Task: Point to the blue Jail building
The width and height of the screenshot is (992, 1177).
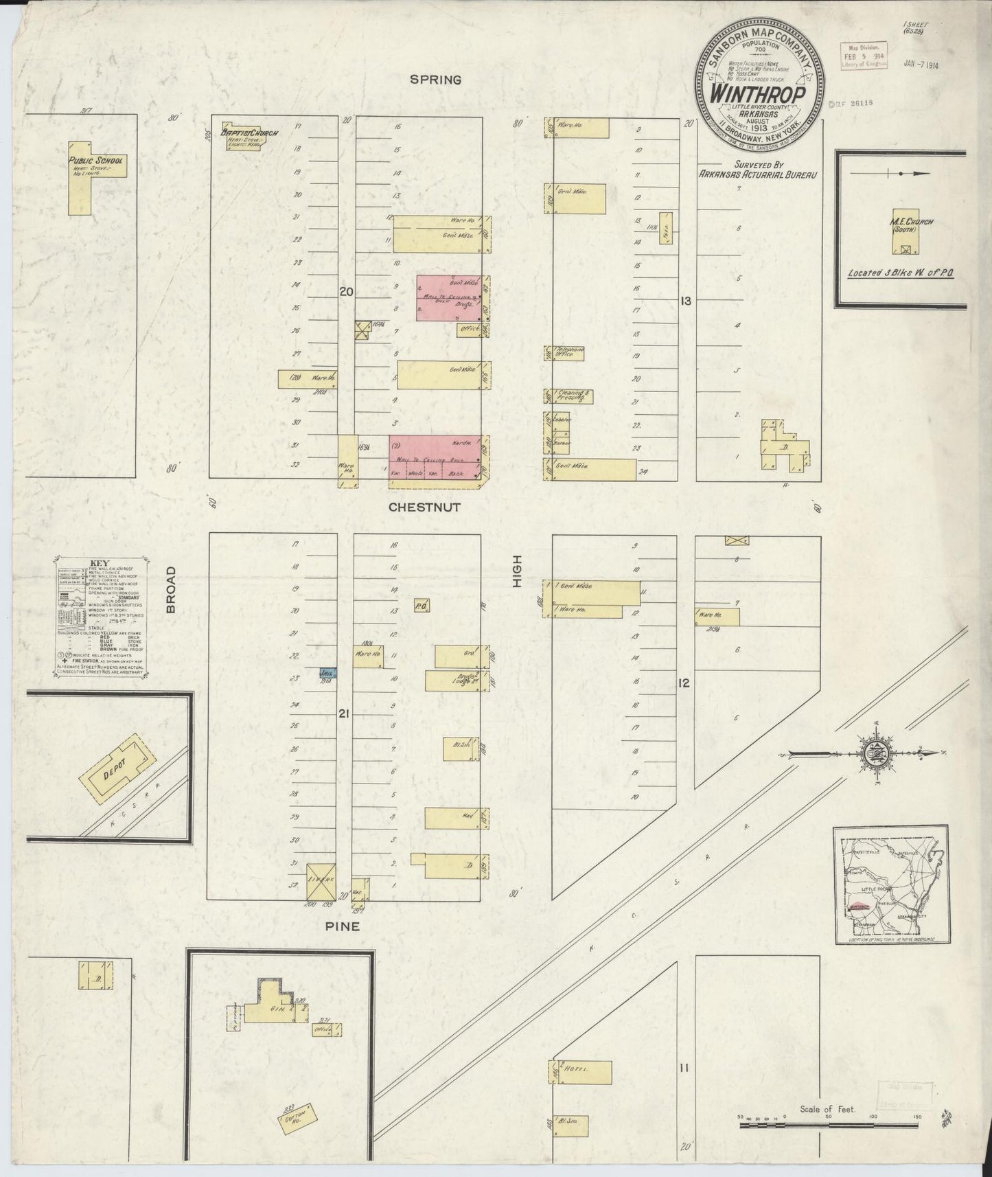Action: coord(326,674)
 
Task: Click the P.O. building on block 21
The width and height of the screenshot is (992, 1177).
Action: coord(421,606)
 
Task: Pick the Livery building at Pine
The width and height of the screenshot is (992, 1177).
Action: coord(319,881)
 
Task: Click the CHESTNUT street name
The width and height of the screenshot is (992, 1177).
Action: coord(424,507)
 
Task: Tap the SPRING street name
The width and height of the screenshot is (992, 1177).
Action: coord(435,80)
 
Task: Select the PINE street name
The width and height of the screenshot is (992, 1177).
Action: coord(341,926)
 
